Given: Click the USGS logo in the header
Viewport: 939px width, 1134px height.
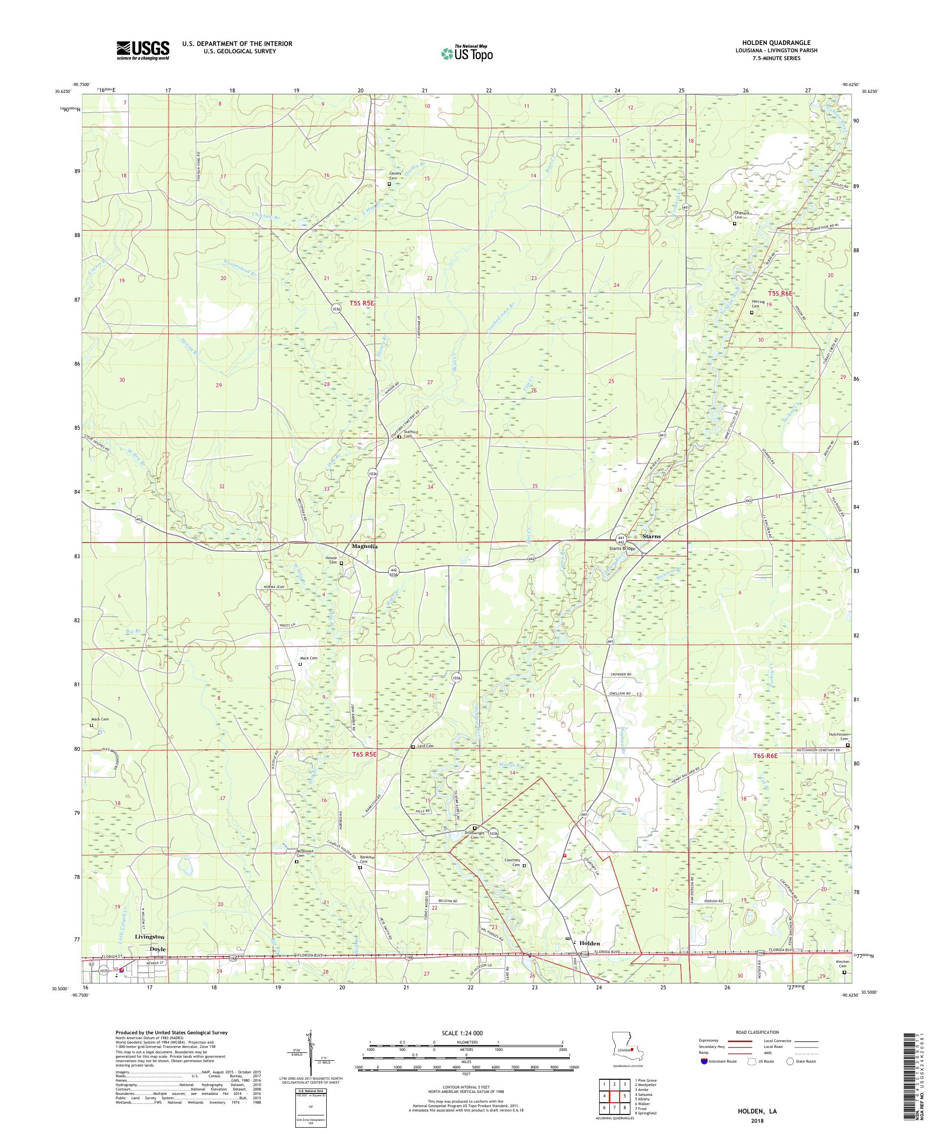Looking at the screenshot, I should [143, 51].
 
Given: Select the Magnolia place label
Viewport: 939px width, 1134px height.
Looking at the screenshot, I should [365, 546].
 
